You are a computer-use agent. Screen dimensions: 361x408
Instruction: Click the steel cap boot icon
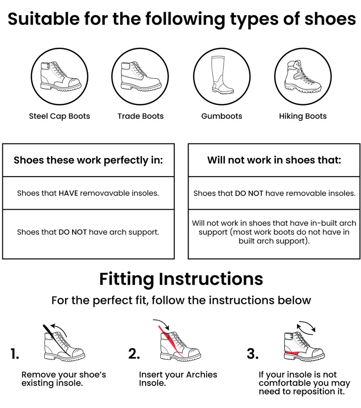point(60,76)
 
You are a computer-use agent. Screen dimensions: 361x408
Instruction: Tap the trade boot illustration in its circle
point(141,76)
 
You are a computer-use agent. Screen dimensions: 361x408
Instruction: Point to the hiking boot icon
point(303,76)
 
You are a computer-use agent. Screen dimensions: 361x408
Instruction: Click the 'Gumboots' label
point(222,116)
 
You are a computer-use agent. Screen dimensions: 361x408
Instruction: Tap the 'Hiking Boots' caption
point(303,116)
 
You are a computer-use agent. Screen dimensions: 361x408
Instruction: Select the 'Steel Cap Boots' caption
point(60,116)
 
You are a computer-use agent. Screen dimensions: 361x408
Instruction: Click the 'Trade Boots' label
point(140,116)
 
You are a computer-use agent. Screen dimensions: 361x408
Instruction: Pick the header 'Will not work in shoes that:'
point(274,160)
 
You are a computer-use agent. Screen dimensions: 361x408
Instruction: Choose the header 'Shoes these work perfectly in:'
point(88,160)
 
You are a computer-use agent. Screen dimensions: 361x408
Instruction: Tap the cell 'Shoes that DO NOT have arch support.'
point(88,232)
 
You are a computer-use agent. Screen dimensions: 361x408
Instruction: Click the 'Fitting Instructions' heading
point(181,279)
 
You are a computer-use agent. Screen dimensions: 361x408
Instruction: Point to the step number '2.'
point(134,354)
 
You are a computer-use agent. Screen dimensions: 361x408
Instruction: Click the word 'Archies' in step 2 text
point(202,375)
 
